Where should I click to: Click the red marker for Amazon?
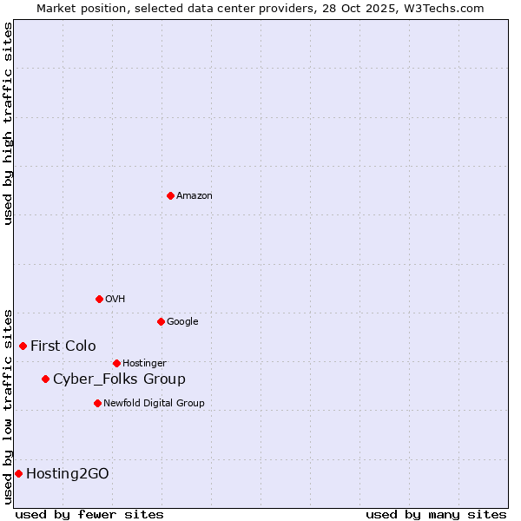(x=170, y=195)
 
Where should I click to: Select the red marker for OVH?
(x=99, y=299)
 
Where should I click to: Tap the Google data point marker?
(x=161, y=321)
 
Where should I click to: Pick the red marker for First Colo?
(x=23, y=346)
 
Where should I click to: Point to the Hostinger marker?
(x=116, y=363)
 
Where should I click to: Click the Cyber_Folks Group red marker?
(x=45, y=379)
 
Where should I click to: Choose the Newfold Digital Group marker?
(x=97, y=403)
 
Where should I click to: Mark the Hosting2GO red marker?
(x=18, y=473)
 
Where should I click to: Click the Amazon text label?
(x=195, y=196)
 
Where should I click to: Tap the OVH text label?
(x=115, y=300)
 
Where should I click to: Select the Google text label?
(x=182, y=322)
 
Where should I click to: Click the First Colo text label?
(x=63, y=346)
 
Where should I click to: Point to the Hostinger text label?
(x=144, y=364)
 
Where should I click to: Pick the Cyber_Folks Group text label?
(x=119, y=379)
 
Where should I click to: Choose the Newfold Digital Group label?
(x=154, y=404)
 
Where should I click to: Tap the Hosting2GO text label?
(x=68, y=474)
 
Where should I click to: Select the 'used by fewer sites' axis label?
(x=89, y=514)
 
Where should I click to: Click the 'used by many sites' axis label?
(x=436, y=514)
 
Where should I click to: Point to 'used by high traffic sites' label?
(x=9, y=123)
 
